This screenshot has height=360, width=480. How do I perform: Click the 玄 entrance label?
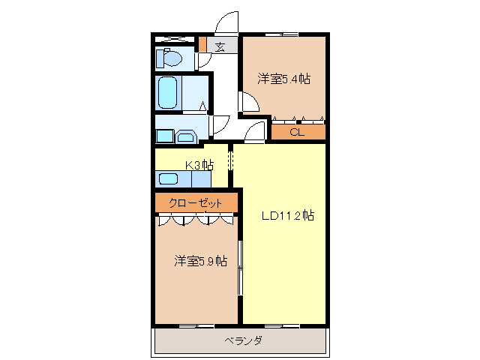(x=220, y=46)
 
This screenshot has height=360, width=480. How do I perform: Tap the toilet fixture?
(x=169, y=58)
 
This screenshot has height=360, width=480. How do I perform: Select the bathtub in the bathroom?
(x=168, y=92)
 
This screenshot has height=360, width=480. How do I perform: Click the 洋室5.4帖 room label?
(x=284, y=78)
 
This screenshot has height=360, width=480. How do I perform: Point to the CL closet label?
(x=297, y=133)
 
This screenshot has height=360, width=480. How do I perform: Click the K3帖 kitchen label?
(x=198, y=165)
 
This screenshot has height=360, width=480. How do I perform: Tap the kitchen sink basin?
(x=169, y=178)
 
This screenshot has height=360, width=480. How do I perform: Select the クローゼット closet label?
(x=195, y=203)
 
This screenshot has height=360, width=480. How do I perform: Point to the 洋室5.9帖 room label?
(x=201, y=261)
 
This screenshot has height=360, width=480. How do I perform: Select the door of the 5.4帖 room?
(x=245, y=102)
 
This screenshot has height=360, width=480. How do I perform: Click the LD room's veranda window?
(x=283, y=325)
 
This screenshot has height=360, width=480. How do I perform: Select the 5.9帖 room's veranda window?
(x=197, y=325)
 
